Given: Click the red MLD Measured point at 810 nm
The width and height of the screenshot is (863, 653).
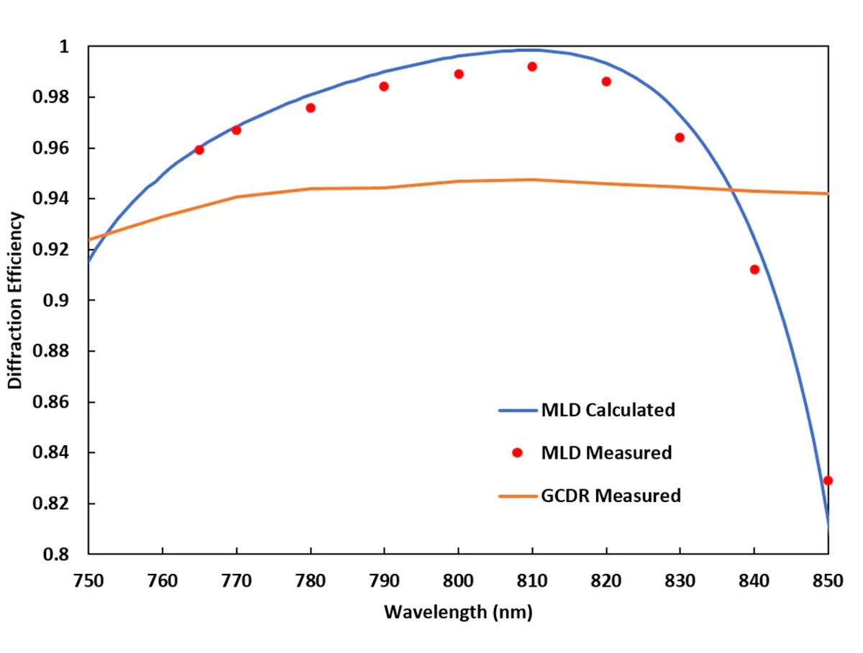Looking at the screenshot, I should tap(532, 67).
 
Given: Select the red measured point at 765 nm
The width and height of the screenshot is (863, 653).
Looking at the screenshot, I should tap(199, 150).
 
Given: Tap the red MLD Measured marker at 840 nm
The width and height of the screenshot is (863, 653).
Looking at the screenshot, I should tap(754, 270).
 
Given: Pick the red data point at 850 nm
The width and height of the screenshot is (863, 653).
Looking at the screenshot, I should tap(828, 480).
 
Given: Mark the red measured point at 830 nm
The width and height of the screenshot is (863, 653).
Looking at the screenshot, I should tap(680, 137).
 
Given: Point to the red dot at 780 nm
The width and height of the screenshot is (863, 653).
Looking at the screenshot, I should tap(311, 108).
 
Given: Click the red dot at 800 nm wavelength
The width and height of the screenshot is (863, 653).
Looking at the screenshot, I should tap(459, 74).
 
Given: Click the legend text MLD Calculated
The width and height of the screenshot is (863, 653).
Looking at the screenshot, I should tap(608, 411).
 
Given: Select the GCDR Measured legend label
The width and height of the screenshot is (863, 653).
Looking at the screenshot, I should tap(611, 496).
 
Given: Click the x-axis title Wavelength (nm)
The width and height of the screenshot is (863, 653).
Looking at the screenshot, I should tap(458, 612).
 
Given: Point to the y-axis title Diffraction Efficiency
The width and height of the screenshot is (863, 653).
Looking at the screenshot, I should tap(16, 300).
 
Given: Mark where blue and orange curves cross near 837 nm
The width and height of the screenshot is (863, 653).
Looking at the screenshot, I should tap(731, 190).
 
